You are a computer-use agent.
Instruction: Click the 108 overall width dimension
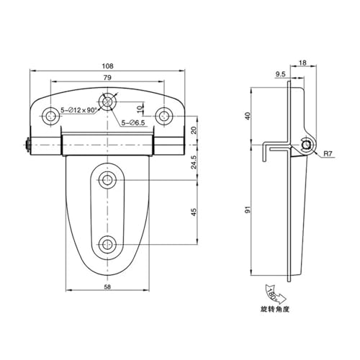coord(107,66)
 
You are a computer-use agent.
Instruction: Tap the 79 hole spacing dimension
coord(107,78)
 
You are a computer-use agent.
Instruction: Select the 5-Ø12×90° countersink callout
coord(78,110)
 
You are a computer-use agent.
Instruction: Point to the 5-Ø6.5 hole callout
coord(133,123)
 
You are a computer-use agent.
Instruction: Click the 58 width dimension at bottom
coord(107,287)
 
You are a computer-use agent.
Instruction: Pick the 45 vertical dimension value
coord(194,212)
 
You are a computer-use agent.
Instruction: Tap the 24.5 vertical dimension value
coord(194,163)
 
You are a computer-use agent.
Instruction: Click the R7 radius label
coord(328,153)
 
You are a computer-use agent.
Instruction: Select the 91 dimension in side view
coord(248,210)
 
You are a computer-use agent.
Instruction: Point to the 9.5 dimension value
coord(280,74)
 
